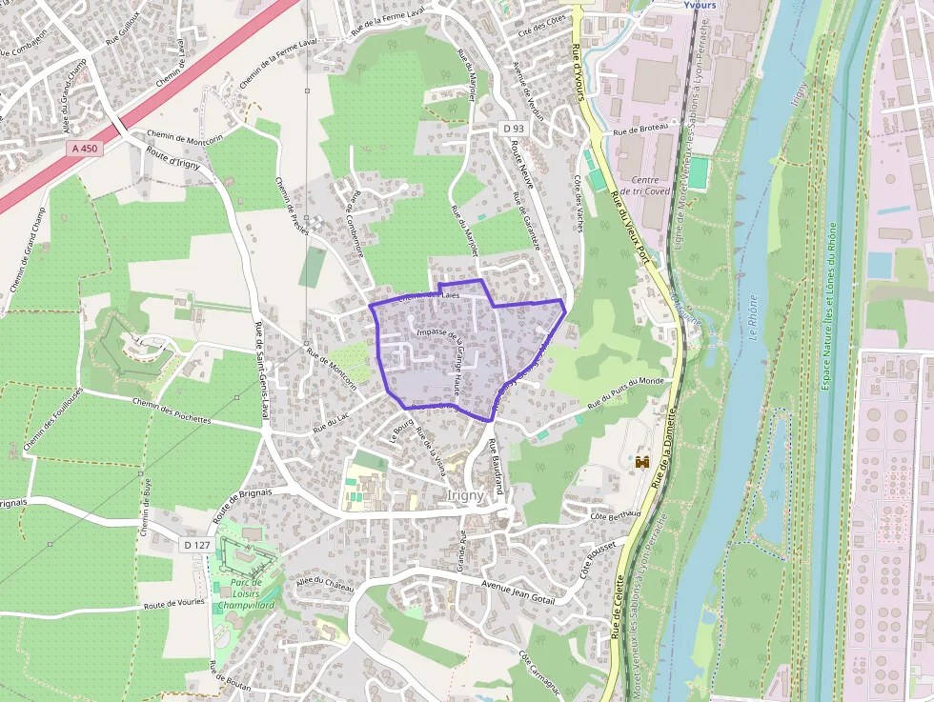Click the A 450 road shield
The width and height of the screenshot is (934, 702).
(85, 149)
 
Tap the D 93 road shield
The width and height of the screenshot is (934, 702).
(514, 129)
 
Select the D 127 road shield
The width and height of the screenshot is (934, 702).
(195, 544)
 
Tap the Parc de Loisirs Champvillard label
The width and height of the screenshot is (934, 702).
(245, 594)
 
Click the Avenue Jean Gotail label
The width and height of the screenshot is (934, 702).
(518, 590)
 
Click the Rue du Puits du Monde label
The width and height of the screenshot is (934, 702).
(625, 391)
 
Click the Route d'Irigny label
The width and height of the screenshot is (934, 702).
(173, 162)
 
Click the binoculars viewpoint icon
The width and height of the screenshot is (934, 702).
(641, 462)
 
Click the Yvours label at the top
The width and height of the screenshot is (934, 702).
(700, 5)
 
